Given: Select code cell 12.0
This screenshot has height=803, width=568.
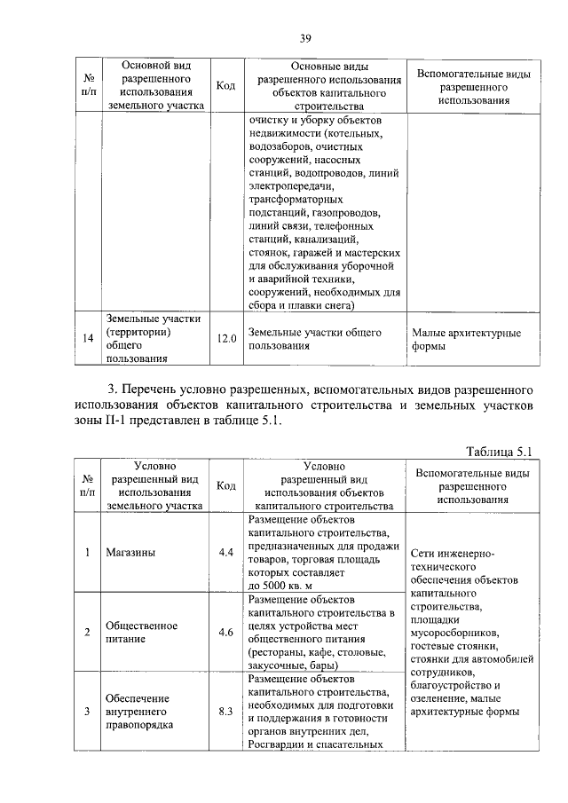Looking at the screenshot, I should tap(225, 339).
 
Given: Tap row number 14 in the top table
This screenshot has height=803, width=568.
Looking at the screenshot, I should tap(88, 339).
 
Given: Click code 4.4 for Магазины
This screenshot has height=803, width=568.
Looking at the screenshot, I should tap(225, 552).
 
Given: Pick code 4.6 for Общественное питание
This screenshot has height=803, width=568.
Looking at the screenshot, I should tap(225, 632).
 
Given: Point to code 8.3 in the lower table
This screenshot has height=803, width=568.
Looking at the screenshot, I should tap(225, 712).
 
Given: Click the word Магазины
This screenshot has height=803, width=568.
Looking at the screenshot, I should tap(130, 552).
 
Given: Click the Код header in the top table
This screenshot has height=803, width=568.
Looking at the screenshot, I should tap(225, 86).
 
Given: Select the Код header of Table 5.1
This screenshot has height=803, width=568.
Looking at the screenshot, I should tap(225, 485).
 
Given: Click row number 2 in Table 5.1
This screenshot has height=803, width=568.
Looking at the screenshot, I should tap(88, 632).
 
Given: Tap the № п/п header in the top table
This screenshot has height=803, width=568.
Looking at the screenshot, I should tap(88, 85).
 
